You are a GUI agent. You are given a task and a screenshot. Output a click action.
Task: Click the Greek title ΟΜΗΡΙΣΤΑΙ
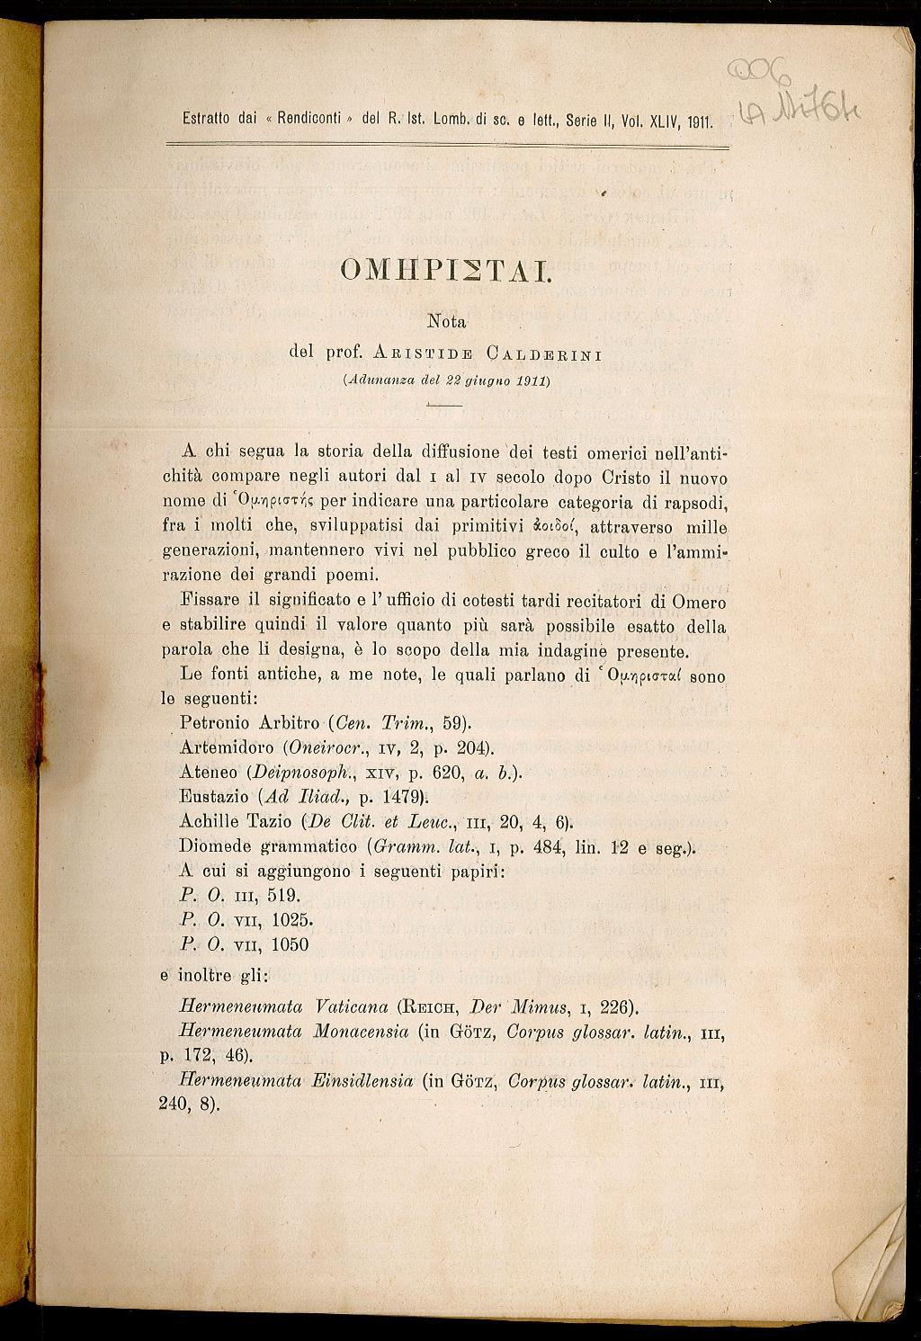point(445,270)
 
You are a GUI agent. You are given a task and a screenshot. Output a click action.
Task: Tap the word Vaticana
point(352,1006)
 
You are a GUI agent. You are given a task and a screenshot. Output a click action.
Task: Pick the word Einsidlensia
point(364,1080)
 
